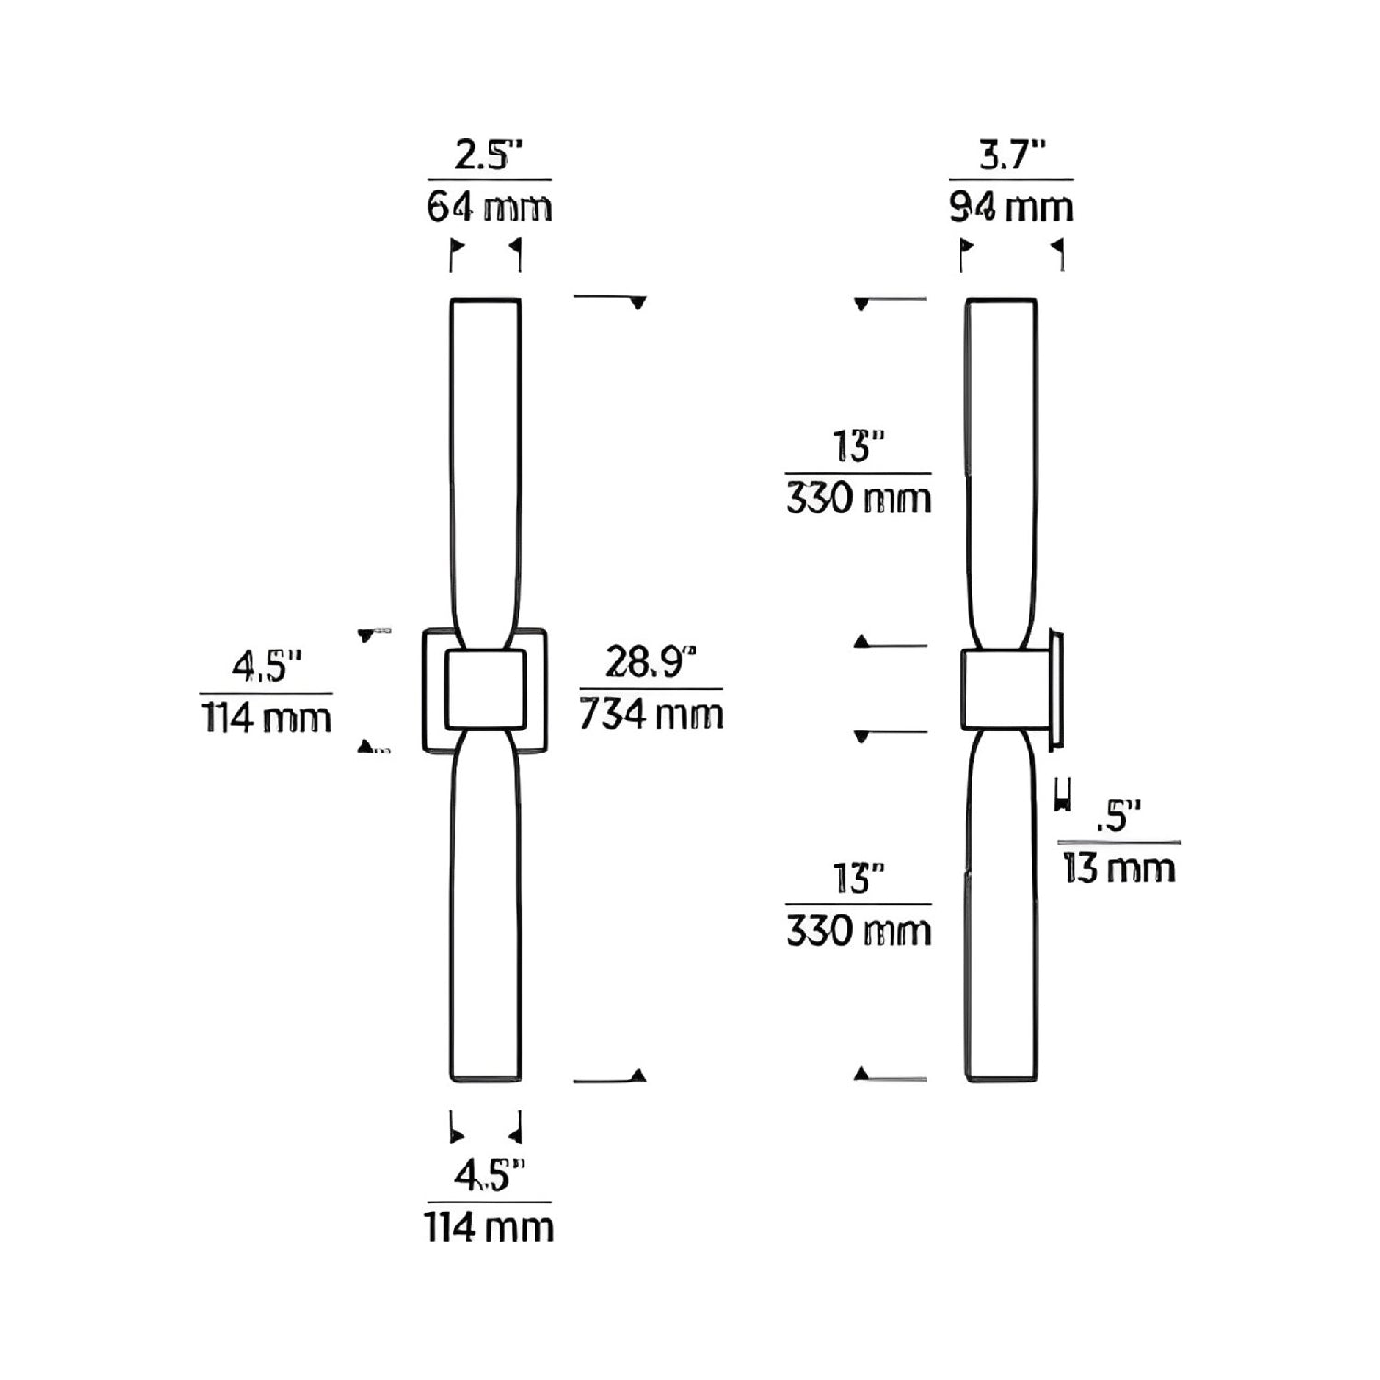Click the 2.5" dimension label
(489, 156)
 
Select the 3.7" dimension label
(1012, 156)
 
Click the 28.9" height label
(650, 662)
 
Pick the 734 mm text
(651, 714)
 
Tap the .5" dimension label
(1118, 817)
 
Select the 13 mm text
(1119, 868)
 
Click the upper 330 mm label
(858, 499)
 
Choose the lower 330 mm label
(858, 931)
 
